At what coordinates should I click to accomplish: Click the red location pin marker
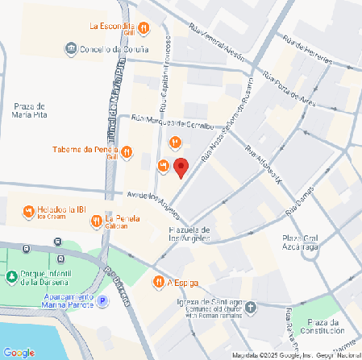click(181, 168)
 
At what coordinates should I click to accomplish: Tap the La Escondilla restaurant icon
click(144, 29)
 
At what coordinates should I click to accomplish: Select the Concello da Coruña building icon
click(72, 48)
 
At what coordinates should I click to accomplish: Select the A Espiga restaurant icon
click(158, 282)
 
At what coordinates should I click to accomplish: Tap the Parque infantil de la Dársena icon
click(12, 277)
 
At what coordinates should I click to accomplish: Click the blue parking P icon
click(102, 301)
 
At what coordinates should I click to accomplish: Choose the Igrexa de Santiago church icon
click(252, 307)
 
